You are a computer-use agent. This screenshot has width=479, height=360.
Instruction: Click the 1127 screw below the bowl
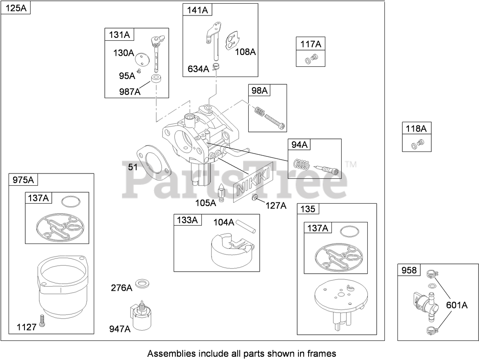42,322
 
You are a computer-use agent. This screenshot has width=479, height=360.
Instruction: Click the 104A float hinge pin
247,225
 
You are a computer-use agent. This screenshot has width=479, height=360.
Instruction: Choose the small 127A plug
255,198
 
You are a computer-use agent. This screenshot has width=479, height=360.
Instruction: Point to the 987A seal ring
156,79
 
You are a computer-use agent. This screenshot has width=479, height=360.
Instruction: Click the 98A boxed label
258,90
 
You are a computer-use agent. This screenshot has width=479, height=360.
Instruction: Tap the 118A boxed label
416,129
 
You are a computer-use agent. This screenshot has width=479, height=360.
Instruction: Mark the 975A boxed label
23,180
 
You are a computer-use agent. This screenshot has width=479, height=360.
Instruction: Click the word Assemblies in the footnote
168,353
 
